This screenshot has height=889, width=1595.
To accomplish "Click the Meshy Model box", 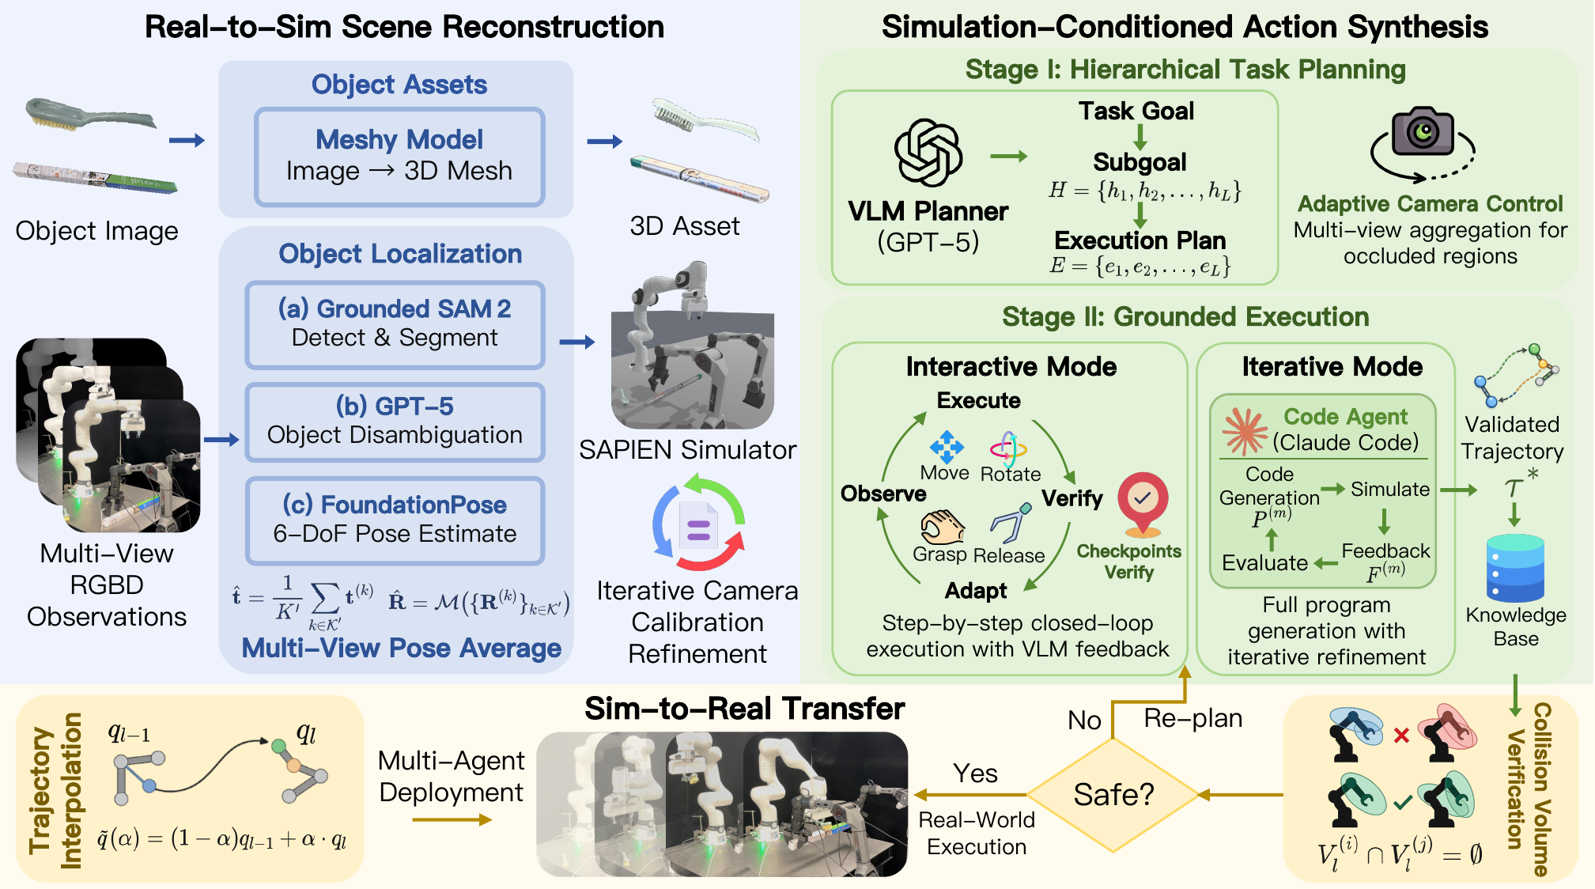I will point(399,156).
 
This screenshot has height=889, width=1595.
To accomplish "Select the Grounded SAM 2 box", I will point(395,323).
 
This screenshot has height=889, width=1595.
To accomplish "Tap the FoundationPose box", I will point(395,520).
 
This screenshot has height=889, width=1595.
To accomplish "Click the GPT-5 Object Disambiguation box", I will point(395,422).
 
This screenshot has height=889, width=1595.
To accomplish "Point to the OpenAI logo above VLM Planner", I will point(928,153).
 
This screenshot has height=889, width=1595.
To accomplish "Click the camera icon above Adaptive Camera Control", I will point(1423,132).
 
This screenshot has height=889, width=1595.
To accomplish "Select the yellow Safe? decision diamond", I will point(1113,794).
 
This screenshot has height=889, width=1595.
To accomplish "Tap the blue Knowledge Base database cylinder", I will point(1515,568).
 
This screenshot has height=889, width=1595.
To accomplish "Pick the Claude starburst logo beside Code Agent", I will point(1245,431).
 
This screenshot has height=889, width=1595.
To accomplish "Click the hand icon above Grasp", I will point(942,527).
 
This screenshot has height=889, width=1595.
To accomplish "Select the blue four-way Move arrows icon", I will point(947,447).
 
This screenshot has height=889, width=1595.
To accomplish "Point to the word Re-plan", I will point(1192,718).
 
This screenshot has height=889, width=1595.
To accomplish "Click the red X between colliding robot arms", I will point(1401,736).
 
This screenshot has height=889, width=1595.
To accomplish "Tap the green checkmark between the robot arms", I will point(1403,803).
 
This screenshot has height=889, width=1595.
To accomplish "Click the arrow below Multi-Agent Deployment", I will point(452,820).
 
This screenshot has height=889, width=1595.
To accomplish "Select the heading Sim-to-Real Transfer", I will point(744,709).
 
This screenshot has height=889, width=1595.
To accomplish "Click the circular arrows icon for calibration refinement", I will point(698,523).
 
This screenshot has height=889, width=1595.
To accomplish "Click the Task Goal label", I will point(1136,111).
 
